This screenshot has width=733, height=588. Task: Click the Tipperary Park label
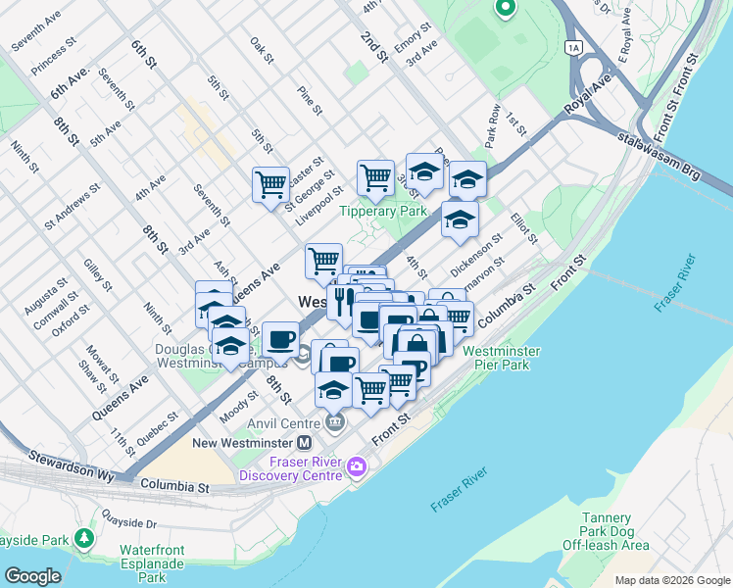point(382,211)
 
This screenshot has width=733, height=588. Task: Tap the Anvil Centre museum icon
point(336,422)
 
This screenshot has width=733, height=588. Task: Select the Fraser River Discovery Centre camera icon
point(356,467)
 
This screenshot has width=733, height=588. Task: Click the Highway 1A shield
point(573,46)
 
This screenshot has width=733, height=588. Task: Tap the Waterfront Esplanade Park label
point(152,563)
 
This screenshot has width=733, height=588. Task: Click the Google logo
point(32,575)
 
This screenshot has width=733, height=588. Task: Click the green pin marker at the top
point(505,10)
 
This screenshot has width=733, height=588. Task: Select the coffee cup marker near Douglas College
point(280,339)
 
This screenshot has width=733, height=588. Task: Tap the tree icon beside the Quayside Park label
point(85,538)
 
